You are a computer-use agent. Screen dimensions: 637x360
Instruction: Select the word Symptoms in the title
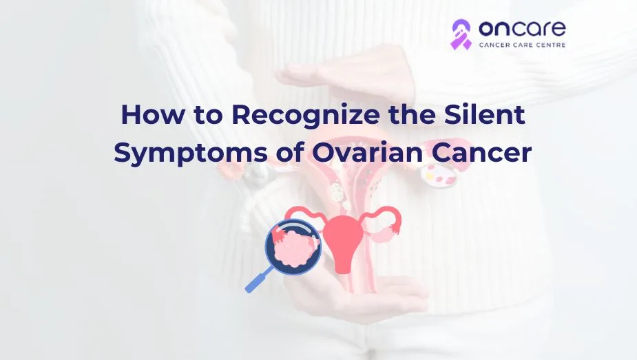(x=191, y=153)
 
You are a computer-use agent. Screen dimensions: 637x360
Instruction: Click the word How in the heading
(x=152, y=114)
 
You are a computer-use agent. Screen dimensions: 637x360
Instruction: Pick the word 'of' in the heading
(x=290, y=152)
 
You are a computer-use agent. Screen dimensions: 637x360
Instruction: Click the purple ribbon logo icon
(x=461, y=34)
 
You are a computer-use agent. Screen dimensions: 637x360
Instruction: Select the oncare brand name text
(x=522, y=28)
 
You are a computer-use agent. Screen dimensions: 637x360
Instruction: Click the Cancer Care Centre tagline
(x=523, y=45)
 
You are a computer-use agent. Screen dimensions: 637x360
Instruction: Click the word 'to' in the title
(x=207, y=115)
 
